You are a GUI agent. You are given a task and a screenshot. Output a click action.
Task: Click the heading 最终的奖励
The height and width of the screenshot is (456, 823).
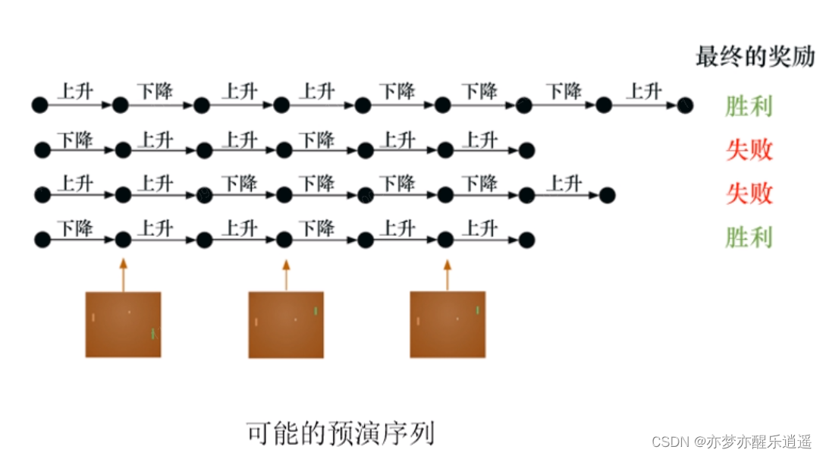click(755, 57)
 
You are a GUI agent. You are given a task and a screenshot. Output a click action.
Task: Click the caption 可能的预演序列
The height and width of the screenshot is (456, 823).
click(341, 433)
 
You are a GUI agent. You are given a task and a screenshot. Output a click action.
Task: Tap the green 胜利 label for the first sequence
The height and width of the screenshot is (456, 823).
click(749, 106)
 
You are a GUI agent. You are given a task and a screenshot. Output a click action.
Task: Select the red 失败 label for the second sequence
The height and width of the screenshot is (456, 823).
click(749, 150)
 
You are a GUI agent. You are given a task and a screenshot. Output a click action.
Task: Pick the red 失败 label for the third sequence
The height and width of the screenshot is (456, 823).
click(749, 194)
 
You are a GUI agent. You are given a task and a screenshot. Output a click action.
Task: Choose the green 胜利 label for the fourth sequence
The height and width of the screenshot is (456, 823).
click(749, 238)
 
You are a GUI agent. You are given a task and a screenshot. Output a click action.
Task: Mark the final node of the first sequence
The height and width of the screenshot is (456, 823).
click(685, 105)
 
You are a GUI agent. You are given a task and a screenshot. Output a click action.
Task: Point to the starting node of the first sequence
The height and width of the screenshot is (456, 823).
click(39, 105)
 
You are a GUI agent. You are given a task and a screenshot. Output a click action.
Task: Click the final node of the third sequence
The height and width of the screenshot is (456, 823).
click(607, 196)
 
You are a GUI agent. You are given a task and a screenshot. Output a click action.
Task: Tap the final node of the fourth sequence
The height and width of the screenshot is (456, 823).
click(526, 241)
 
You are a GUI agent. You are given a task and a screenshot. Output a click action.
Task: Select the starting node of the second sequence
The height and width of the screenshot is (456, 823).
click(42, 151)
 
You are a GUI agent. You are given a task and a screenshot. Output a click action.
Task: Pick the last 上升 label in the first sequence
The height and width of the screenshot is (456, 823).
click(644, 92)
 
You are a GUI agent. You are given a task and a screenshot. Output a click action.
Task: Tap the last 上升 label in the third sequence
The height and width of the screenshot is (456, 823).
click(564, 183)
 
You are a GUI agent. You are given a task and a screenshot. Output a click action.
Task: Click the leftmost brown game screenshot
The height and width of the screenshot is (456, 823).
click(123, 324)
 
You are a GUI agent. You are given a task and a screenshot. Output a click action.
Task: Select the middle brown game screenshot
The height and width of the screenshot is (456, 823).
click(286, 325)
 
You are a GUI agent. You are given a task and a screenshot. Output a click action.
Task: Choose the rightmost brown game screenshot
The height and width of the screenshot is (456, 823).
click(448, 324)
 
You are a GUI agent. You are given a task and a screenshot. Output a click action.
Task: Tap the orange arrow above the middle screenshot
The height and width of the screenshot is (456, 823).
click(286, 275)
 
